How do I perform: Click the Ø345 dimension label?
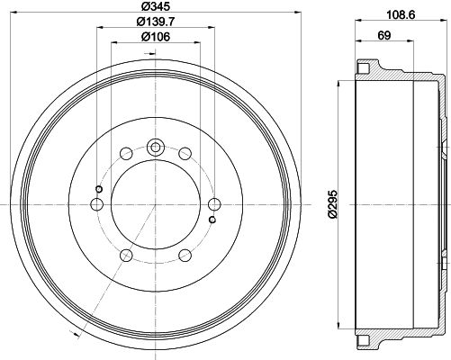tap(156, 5)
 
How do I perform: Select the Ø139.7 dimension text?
tap(156, 22)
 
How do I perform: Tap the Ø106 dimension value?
tap(156, 37)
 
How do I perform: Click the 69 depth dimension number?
tap(384, 35)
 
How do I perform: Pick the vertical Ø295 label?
tap(333, 204)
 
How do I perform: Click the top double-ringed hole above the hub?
tap(156, 148)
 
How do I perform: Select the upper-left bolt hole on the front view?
tap(126, 154)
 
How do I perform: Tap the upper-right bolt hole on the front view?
tap(185, 154)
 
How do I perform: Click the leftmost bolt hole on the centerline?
tap(96, 204)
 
